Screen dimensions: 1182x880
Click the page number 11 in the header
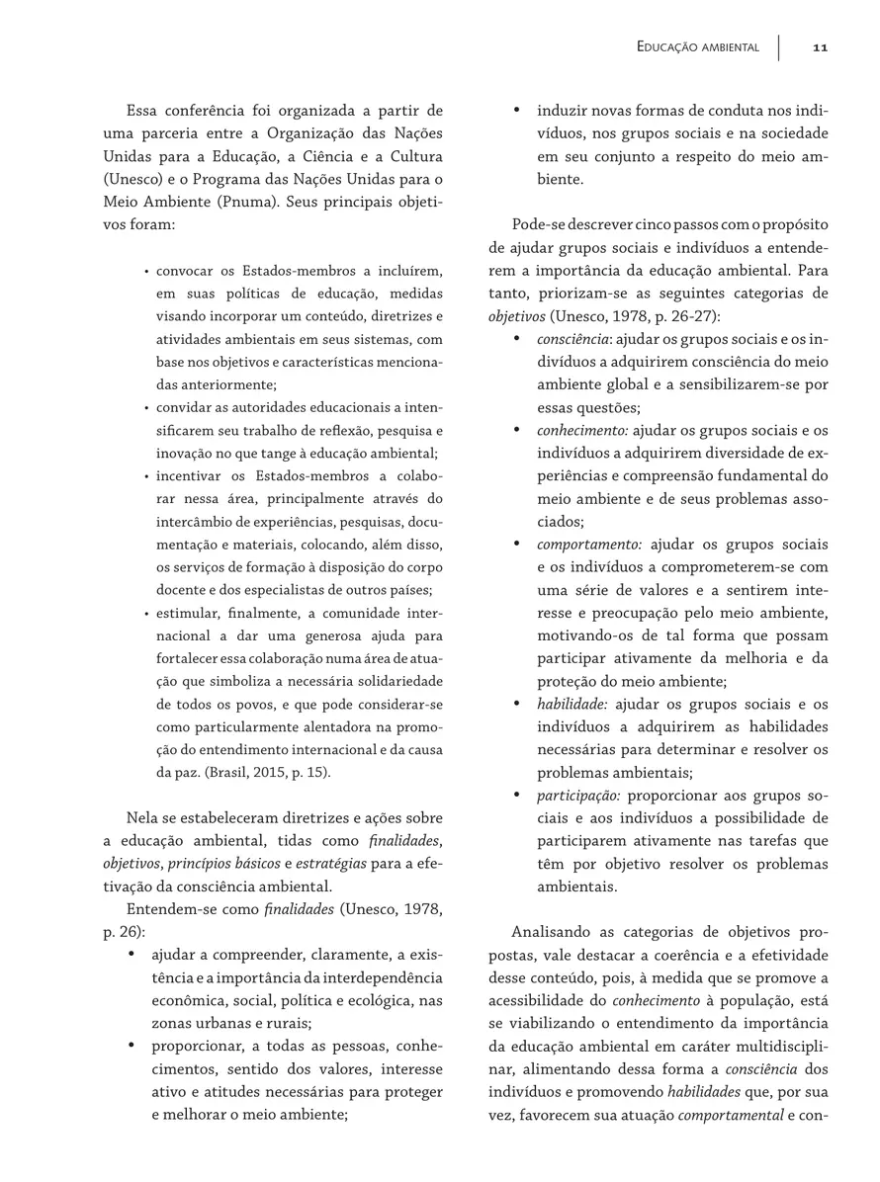click(820, 47)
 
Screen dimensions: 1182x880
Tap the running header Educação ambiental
click(698, 47)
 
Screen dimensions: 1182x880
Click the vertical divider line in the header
click(778, 47)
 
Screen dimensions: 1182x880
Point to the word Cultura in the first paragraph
click(412, 156)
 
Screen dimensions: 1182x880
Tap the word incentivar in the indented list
click(193, 476)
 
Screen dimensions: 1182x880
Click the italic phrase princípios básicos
click(190, 863)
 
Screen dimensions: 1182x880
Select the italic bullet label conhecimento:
click(582, 430)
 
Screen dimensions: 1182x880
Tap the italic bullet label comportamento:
click(589, 545)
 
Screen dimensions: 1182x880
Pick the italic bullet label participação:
click(578, 795)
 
